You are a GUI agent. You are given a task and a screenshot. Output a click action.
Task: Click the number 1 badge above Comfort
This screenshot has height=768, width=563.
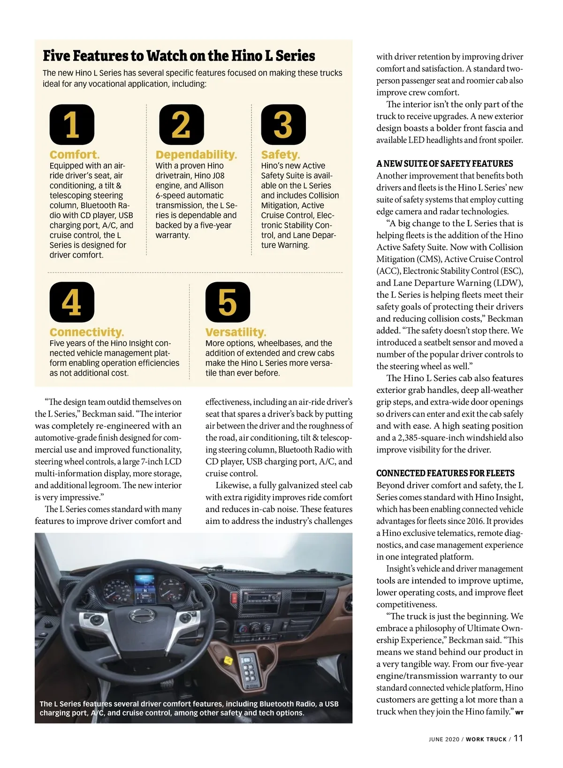coord(72,125)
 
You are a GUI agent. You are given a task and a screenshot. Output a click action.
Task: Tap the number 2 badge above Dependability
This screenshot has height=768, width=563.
coord(182,125)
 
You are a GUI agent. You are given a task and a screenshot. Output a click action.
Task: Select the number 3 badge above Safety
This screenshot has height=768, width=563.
coord(283,125)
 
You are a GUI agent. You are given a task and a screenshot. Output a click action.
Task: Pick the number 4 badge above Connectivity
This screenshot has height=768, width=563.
coord(72,302)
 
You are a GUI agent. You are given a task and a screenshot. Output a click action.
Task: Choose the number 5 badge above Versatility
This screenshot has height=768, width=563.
coord(228,302)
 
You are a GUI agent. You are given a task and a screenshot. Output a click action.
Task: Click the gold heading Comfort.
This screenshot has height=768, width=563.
coord(75,155)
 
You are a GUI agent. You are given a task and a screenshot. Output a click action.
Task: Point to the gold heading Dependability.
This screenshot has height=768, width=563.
coord(196,155)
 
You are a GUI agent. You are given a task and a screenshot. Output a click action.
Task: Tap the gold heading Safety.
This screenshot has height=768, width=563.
coord(280,155)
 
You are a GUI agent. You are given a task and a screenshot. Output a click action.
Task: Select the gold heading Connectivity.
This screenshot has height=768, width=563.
coord(87,332)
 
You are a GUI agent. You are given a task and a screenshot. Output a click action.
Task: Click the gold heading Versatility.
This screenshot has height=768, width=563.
coord(236,332)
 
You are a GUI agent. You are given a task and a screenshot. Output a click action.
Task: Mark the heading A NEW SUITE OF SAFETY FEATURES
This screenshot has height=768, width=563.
coord(444,164)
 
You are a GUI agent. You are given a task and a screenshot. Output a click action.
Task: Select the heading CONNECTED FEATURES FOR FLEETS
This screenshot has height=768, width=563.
coord(445,473)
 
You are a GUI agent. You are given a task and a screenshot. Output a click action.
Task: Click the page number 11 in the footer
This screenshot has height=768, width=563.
coord(518,738)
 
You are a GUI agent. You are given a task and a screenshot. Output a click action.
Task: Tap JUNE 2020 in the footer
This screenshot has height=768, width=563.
coord(444,739)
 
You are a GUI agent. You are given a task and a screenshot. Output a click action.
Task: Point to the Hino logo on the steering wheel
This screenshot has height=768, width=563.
coord(141,615)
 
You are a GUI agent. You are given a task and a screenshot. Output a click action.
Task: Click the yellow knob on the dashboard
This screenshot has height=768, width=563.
coord(228,661)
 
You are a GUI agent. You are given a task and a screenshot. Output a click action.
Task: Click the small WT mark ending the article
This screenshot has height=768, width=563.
coord(519,713)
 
